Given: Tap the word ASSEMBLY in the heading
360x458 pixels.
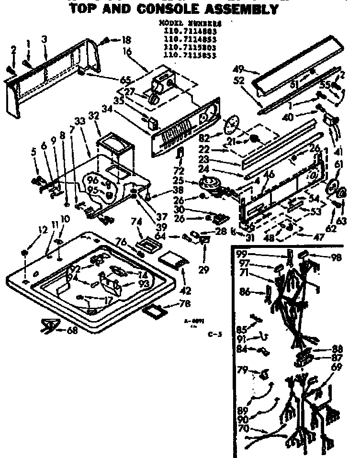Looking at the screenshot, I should click(244, 9).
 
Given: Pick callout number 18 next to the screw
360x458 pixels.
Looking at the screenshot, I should click(126, 40).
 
